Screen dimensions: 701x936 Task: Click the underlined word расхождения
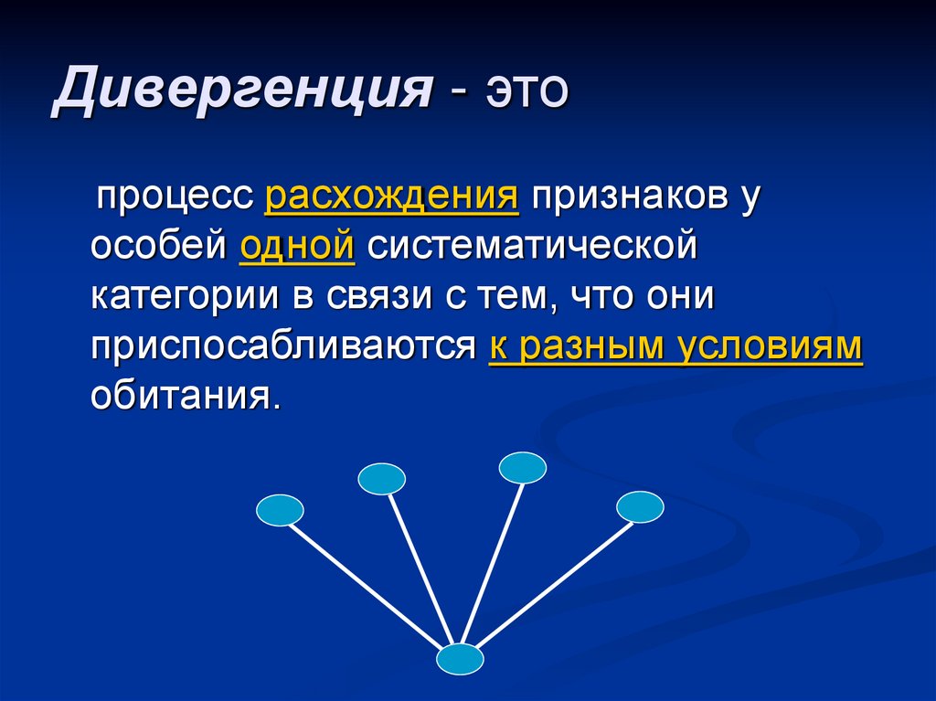pos(391,197)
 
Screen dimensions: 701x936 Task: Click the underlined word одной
pos(296,247)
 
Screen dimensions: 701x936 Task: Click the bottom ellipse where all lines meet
pos(460,659)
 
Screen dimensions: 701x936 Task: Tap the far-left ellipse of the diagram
pos(280,510)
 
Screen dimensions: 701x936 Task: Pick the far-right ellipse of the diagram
pos(640,506)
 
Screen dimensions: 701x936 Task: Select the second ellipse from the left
pos(381,479)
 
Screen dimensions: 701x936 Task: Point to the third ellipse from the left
pos(523,468)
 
